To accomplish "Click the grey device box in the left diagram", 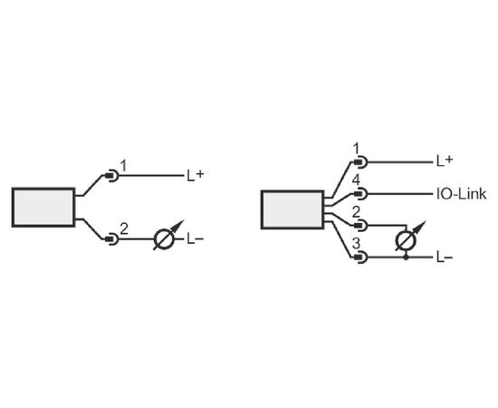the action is [x=43, y=208].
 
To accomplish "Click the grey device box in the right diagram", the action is [x=292, y=209].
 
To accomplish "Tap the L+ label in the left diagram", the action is [x=195, y=175].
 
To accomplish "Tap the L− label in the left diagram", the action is [x=195, y=239].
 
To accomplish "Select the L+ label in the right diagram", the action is [x=445, y=161].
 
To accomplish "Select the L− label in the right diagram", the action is [x=445, y=257].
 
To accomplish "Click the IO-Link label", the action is [x=461, y=194].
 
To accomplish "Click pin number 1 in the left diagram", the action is [x=123, y=166].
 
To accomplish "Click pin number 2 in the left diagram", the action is [x=124, y=229].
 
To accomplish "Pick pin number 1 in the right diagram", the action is [x=357, y=149].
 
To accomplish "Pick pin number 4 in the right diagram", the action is [x=357, y=180].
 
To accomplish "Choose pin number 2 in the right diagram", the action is [x=357, y=212].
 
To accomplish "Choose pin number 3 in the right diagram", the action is [x=357, y=244].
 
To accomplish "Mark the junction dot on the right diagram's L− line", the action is [x=407, y=257].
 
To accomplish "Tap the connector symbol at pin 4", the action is [x=360, y=194].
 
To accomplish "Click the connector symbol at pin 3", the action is [x=360, y=257].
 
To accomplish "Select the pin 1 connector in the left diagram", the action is [x=111, y=175].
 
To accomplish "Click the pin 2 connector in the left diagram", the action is [x=111, y=238].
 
